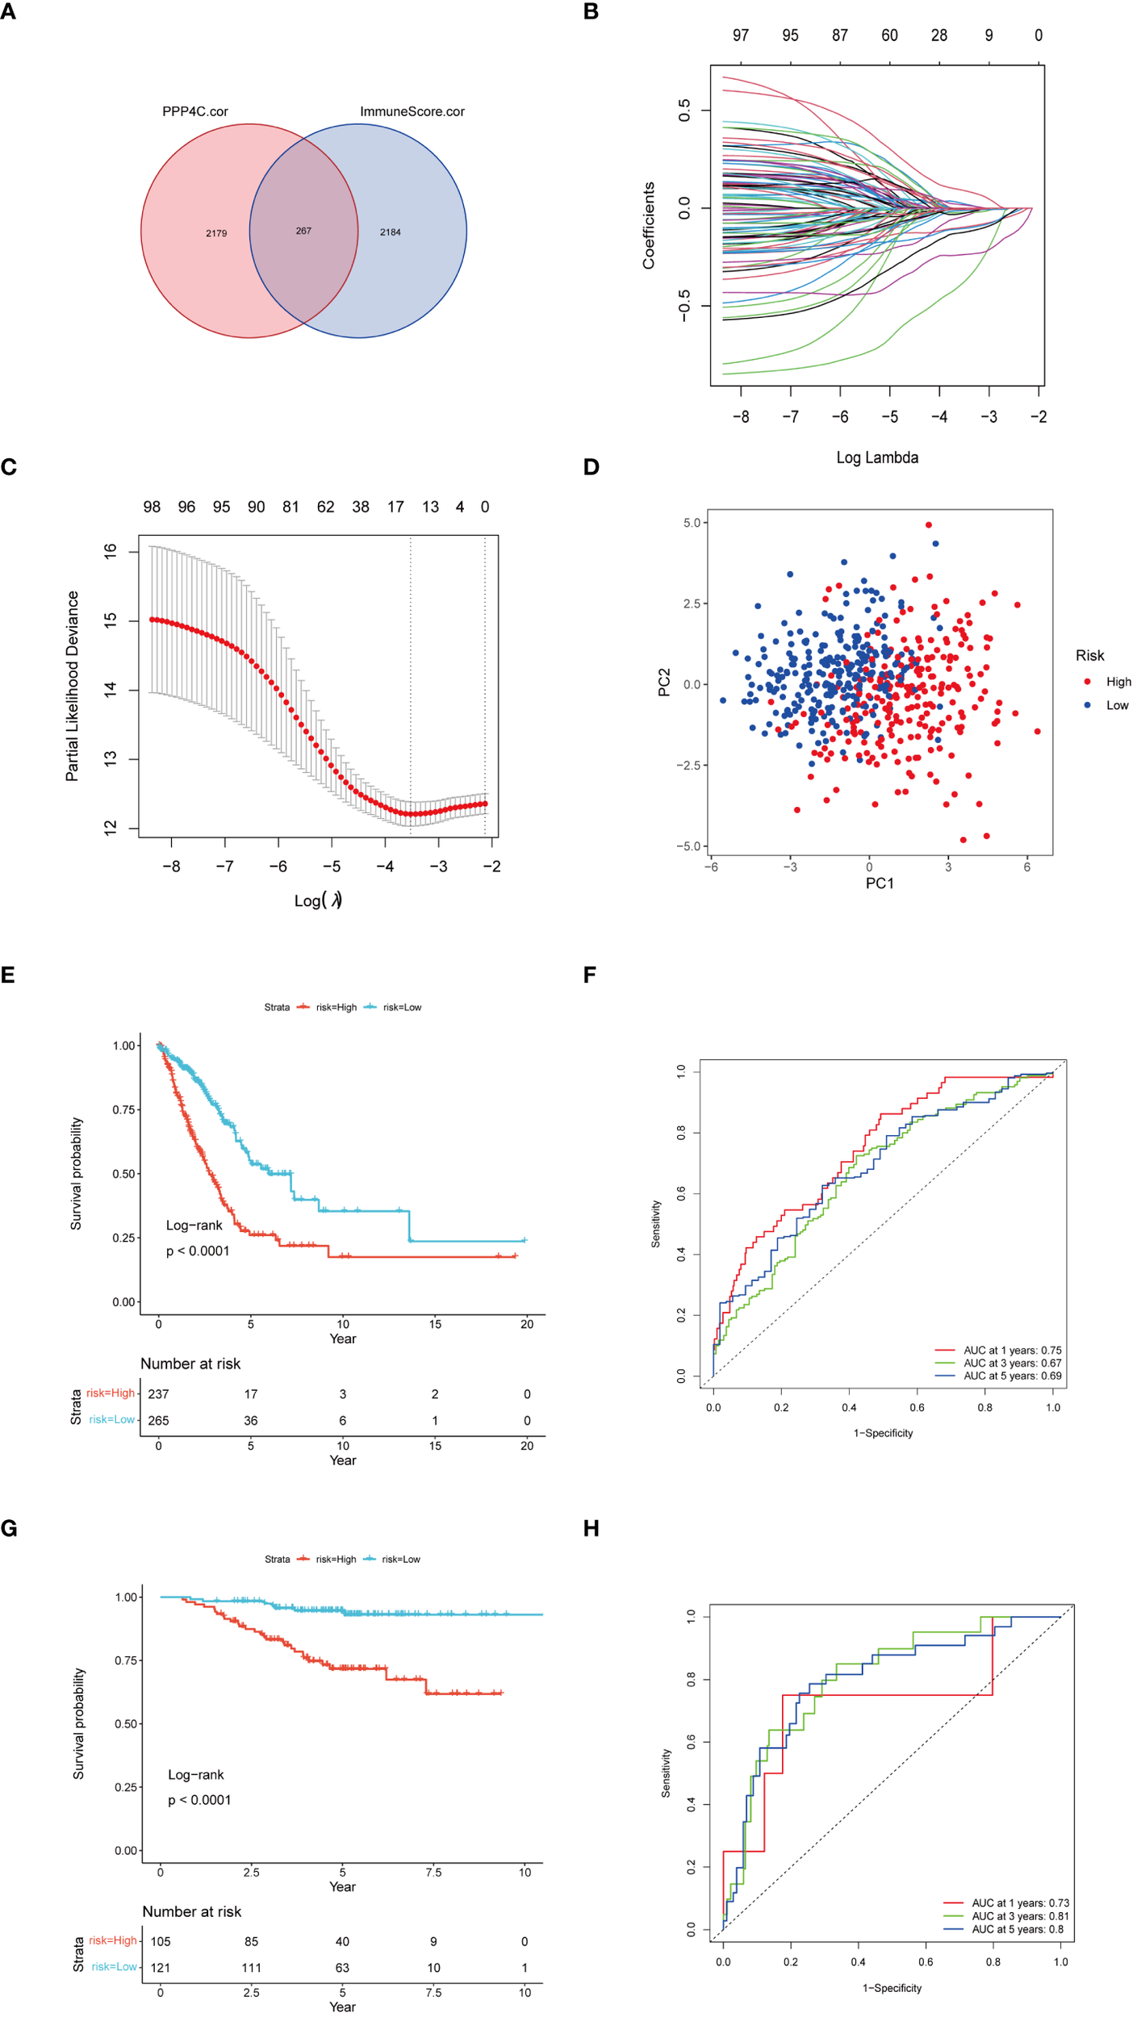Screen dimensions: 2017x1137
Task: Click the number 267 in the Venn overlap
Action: tap(303, 231)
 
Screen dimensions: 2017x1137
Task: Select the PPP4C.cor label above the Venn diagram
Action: tap(195, 111)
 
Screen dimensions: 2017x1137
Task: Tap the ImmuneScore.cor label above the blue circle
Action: tap(412, 111)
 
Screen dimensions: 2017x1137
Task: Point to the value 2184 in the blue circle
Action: tap(391, 232)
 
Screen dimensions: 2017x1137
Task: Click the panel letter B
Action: tap(591, 12)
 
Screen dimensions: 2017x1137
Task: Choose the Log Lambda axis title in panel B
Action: tap(877, 457)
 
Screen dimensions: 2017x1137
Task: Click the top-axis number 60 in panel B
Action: tap(889, 35)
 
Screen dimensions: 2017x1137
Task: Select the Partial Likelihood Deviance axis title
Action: tap(73, 686)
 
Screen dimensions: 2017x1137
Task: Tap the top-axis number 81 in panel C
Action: tap(291, 507)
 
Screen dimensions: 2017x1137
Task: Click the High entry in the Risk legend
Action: tap(1118, 682)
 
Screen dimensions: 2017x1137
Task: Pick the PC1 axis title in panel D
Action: tap(880, 883)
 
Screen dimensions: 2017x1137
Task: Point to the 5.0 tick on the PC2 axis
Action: tap(692, 523)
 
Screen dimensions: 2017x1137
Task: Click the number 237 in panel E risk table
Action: tap(158, 1394)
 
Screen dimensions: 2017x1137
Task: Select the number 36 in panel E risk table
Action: tap(251, 1420)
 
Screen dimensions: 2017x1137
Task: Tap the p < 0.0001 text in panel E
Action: tap(198, 1251)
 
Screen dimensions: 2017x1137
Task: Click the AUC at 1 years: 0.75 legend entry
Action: tap(1012, 1351)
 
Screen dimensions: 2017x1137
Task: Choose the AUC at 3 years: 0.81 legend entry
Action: tap(1020, 1916)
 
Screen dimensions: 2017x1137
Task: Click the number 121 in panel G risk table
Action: tap(161, 1968)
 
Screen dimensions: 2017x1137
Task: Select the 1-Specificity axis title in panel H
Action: tap(892, 1988)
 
